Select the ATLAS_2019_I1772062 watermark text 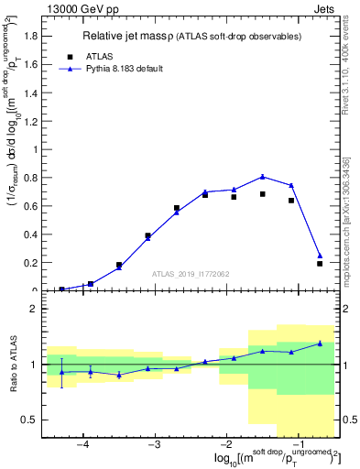pyautogui.click(x=190, y=274)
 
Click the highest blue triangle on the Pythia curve pyautogui.click(x=263, y=177)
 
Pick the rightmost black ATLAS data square pyautogui.click(x=320, y=264)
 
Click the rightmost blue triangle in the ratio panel pyautogui.click(x=320, y=344)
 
